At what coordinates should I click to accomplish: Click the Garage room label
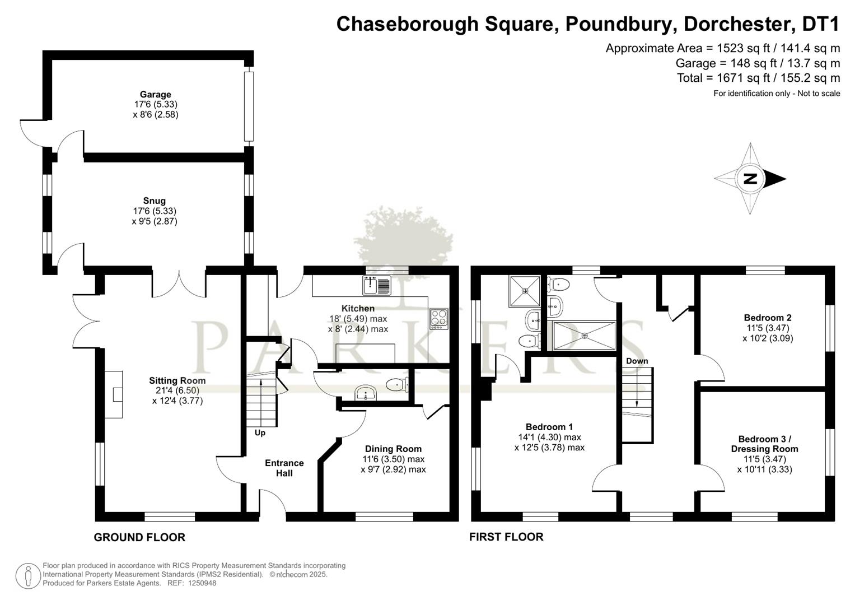[155, 94]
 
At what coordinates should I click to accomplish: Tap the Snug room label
[154, 201]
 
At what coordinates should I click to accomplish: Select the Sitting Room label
[177, 380]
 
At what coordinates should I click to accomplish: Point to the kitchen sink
[377, 285]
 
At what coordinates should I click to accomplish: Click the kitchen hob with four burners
[439, 319]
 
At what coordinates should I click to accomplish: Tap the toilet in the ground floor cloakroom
[398, 384]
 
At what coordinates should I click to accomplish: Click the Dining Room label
[393, 449]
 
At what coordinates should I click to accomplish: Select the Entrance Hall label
[284, 468]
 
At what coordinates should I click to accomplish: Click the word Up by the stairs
[260, 432]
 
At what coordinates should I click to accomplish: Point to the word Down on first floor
[637, 361]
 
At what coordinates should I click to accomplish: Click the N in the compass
[750, 179]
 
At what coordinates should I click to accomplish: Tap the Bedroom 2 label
[768, 318]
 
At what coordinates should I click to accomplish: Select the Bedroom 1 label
[549, 427]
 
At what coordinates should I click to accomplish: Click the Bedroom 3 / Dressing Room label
[764, 444]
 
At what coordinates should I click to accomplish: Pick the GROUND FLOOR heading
[139, 537]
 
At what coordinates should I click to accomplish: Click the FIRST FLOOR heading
[506, 537]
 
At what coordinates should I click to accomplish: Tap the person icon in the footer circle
[27, 576]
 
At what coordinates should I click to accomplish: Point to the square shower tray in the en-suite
[525, 291]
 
